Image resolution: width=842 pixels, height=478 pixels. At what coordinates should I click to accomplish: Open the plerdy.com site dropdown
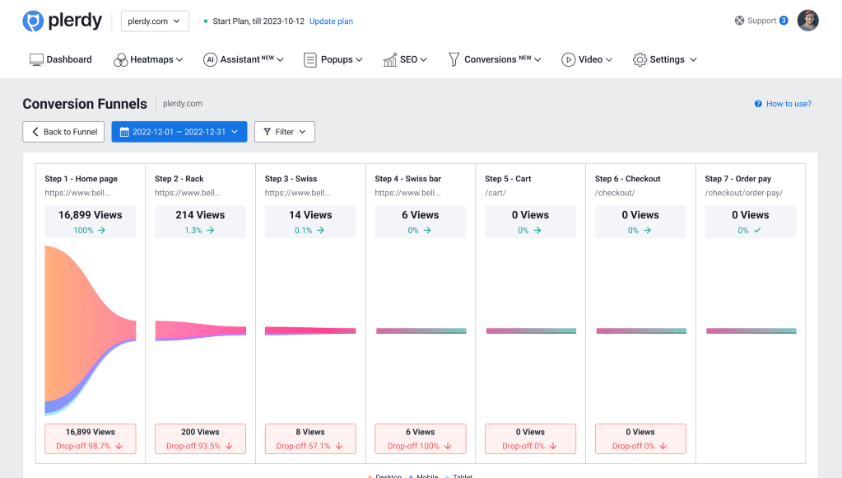coord(155,21)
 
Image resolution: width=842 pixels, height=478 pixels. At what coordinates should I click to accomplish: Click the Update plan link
coord(331,21)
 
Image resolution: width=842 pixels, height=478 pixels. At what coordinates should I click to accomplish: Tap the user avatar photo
coord(807,21)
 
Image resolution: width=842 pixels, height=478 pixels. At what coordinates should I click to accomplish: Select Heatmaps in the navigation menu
coord(148,59)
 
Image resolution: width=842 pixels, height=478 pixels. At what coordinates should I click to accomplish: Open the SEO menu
coord(405,59)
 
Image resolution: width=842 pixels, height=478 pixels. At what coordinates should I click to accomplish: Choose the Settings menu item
coord(665,59)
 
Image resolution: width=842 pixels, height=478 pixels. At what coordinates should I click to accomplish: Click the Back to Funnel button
coord(63,132)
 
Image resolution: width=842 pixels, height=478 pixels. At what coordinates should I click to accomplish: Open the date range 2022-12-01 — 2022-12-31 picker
coord(179,132)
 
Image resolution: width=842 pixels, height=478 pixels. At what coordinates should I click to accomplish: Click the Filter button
coord(284,132)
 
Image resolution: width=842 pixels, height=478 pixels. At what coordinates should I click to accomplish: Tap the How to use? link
coord(783,104)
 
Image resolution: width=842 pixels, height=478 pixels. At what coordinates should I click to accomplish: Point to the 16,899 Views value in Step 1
coord(91,215)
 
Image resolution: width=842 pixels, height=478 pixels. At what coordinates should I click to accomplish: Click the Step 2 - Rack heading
coord(179,179)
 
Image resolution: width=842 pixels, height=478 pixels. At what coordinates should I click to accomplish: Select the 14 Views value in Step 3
coord(310,215)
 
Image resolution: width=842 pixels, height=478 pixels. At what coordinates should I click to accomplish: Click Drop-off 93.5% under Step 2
coord(200,446)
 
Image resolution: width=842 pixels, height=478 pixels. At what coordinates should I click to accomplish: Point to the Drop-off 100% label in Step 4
coord(420,446)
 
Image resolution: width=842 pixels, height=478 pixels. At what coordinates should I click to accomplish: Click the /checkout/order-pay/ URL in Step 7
coord(743,193)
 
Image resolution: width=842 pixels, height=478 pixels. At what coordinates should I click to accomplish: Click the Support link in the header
coord(761,21)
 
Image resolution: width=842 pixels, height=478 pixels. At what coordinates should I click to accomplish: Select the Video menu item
coord(588,59)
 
